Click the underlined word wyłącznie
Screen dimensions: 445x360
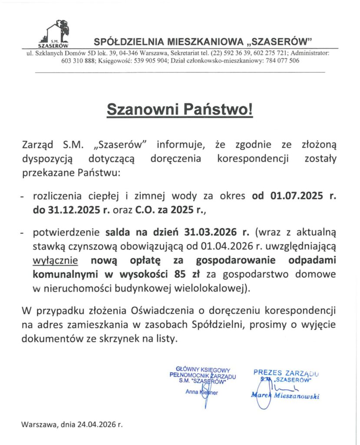tap(56, 261)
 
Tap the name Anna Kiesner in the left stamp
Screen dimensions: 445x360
tap(201, 392)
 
